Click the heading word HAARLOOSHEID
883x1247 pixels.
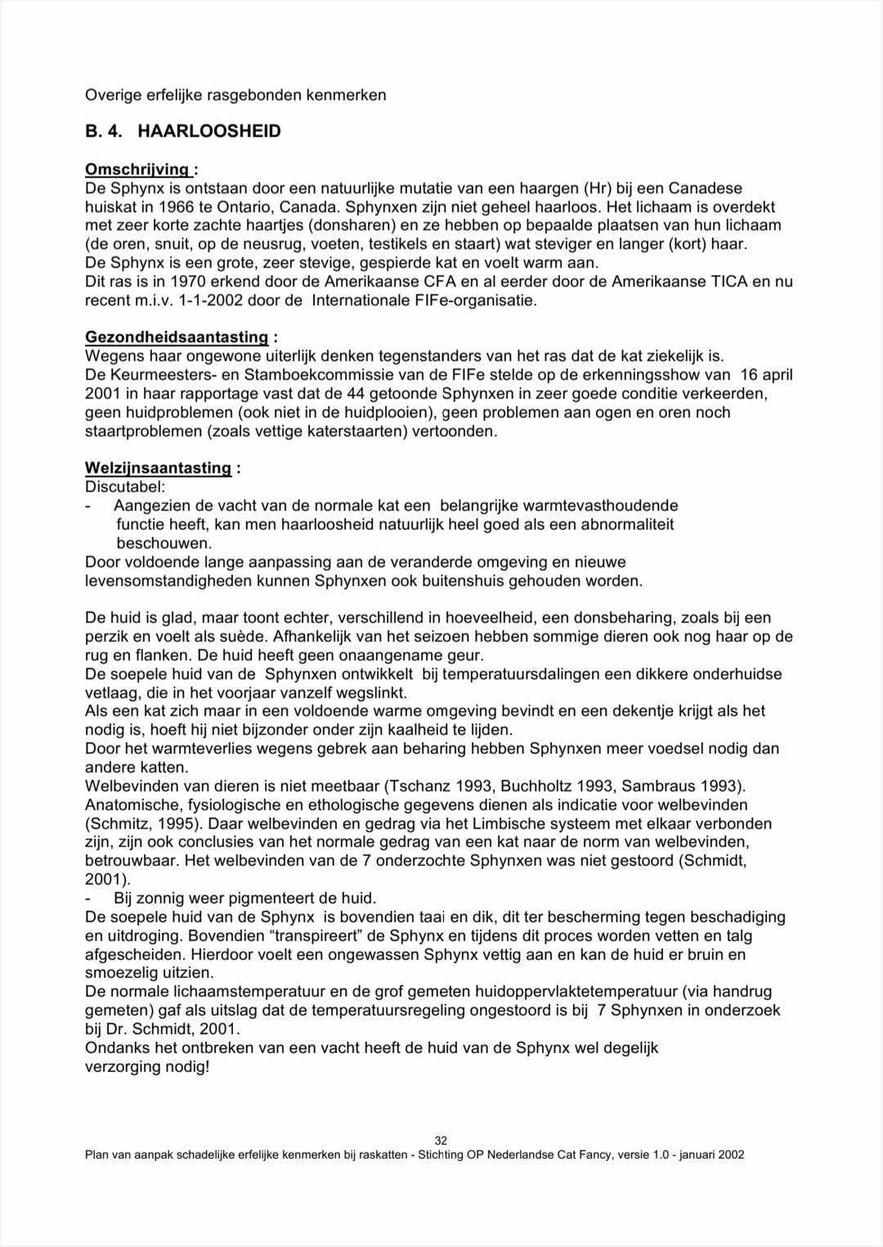209,131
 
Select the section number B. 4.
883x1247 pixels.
104,131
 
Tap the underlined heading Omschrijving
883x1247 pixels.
137,169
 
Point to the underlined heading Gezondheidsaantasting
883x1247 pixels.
177,337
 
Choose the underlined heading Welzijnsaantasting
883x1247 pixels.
158,468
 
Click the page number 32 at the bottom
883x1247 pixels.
441,1141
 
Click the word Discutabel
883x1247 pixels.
124,487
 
